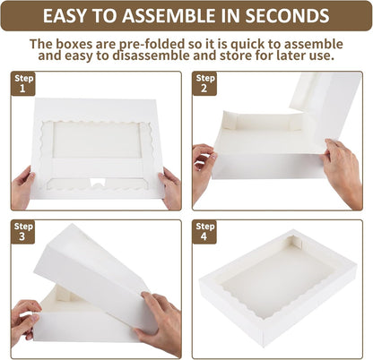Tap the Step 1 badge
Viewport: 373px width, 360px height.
click(23, 83)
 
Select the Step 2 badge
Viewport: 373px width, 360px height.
click(204, 83)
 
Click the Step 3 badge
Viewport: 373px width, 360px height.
click(22, 232)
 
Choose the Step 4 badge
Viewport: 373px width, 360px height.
click(204, 232)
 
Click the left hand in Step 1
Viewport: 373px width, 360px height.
click(22, 188)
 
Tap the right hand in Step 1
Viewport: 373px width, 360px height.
click(170, 188)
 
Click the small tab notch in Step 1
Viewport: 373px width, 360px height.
click(99, 182)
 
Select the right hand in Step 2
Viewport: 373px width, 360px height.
click(343, 172)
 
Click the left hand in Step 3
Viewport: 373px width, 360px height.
click(24, 322)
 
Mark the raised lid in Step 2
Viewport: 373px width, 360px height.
click(325, 107)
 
